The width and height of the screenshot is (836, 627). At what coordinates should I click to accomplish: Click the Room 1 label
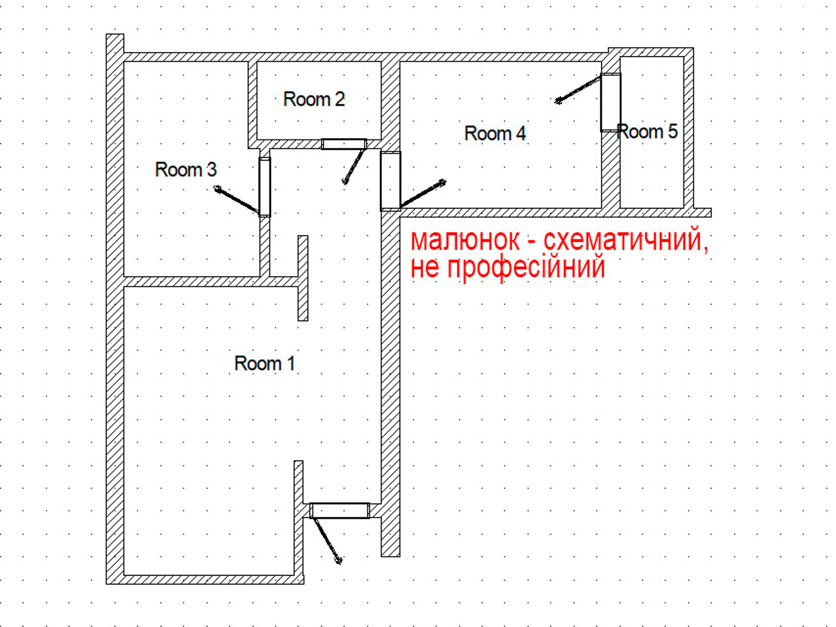tap(265, 363)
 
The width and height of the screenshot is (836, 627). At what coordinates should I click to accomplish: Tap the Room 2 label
tap(314, 99)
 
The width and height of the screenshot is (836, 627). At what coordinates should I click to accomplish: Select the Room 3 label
tap(186, 169)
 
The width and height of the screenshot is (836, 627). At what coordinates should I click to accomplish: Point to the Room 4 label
tap(495, 133)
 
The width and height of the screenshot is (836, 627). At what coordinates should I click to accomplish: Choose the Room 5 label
tap(647, 131)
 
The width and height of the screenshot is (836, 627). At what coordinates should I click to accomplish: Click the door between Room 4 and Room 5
tap(610, 102)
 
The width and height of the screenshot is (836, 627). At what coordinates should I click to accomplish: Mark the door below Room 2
tap(344, 144)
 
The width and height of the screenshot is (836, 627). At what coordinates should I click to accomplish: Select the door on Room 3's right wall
tap(265, 187)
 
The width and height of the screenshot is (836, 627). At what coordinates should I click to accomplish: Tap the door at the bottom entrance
tap(339, 510)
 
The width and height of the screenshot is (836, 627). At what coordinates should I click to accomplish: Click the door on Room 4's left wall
tap(390, 181)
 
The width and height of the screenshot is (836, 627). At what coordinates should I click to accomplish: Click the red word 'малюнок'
tap(465, 240)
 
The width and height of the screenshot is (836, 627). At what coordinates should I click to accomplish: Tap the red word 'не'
tap(425, 269)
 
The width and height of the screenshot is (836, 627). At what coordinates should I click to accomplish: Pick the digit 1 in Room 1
tap(291, 363)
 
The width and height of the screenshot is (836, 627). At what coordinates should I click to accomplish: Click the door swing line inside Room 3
tap(237, 200)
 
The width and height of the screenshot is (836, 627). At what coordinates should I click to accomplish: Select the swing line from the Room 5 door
tap(578, 89)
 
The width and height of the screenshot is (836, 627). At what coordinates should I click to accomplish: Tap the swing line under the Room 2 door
tap(354, 166)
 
